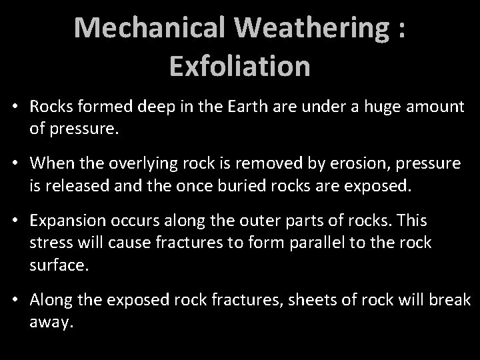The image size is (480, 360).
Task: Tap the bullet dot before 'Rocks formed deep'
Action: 15,107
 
